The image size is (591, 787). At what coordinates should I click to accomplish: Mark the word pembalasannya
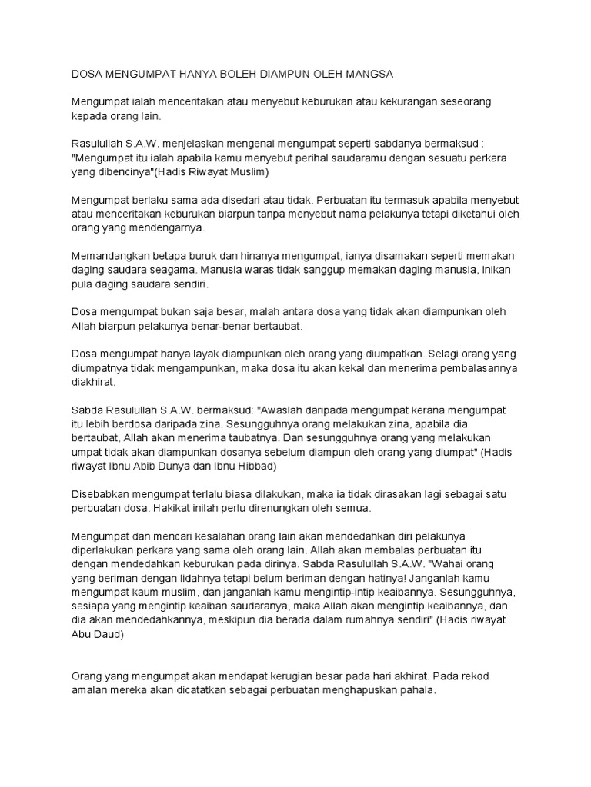pos(472,367)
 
